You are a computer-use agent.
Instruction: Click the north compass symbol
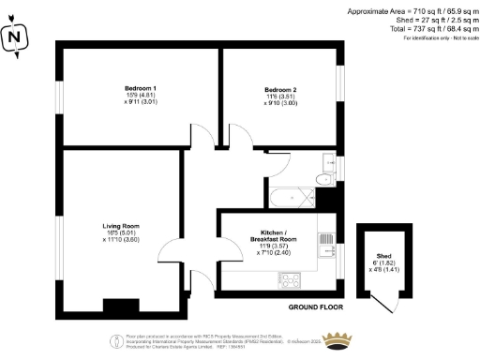click(x=15, y=38)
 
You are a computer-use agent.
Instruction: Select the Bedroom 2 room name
click(x=279, y=90)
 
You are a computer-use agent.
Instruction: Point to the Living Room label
click(x=121, y=225)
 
